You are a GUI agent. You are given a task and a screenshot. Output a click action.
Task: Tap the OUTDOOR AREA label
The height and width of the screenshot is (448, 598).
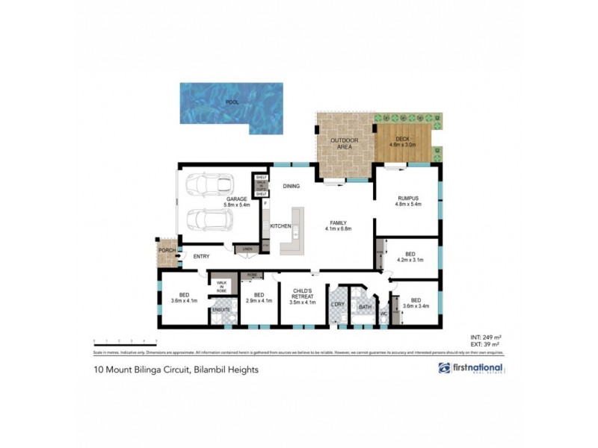click(345, 143)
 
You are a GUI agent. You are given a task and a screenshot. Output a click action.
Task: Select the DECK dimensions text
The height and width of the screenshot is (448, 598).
click(404, 146)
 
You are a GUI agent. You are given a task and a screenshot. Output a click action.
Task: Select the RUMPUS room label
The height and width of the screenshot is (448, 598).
click(409, 198)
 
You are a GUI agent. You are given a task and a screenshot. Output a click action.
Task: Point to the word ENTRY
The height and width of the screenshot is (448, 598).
click(201, 257)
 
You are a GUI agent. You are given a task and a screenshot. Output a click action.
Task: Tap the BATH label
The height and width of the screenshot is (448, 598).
click(365, 306)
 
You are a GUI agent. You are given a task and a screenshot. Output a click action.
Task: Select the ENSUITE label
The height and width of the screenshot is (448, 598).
click(221, 309)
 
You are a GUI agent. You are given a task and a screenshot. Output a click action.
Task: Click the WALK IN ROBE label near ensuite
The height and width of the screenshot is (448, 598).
click(221, 287)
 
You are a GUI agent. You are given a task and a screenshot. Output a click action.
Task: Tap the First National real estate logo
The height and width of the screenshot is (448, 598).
click(472, 369)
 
